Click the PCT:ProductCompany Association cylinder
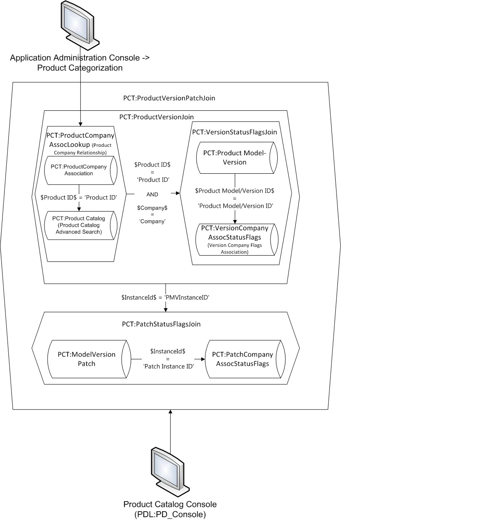point(81,170)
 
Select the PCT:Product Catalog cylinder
point(81,225)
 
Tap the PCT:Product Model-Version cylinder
point(237,158)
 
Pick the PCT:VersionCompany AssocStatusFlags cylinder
point(237,240)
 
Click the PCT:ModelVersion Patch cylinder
point(89,359)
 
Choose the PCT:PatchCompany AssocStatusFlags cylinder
point(245,359)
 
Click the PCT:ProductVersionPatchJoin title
point(169,98)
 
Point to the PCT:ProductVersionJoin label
point(157,117)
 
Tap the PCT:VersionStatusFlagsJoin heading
point(234,132)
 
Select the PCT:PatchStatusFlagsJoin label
point(161,324)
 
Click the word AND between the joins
point(153,194)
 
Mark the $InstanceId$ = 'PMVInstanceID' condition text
point(165,298)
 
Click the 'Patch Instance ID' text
point(168,366)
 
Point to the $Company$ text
point(153,208)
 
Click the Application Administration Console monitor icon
point(80,26)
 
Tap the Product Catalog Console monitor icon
point(170,472)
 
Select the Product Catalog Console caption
point(170,509)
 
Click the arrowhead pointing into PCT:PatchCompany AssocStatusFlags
point(203,359)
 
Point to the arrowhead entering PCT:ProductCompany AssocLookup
point(80,124)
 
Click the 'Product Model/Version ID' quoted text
point(235,206)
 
